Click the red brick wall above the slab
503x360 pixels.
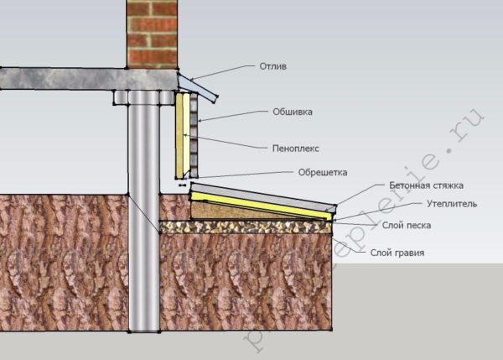point(152,34)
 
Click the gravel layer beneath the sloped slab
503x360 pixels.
point(243,227)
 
